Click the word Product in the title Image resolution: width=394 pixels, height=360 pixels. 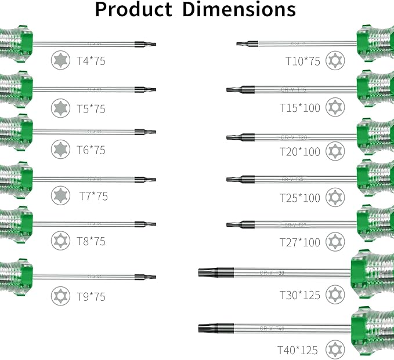click(x=133, y=10)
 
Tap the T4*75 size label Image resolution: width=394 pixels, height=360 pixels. click(x=91, y=60)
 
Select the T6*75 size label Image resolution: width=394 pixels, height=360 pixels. click(x=91, y=150)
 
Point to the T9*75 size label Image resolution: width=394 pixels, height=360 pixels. click(x=91, y=296)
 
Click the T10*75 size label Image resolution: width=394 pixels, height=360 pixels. click(x=302, y=60)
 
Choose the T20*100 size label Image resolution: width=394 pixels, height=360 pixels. click(x=299, y=152)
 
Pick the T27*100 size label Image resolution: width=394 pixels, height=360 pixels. click(x=299, y=242)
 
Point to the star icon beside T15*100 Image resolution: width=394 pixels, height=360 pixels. click(x=333, y=106)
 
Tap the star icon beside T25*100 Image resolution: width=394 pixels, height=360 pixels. click(x=333, y=197)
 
